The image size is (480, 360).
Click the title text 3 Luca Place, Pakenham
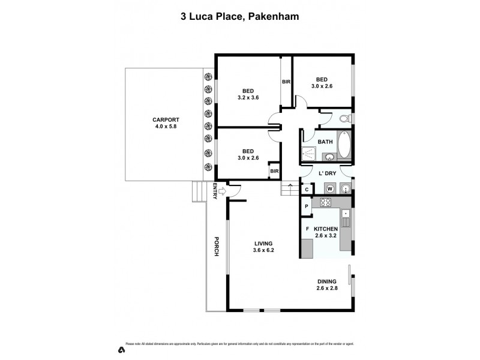pyautogui.click(x=240, y=17)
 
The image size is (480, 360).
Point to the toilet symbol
pyautogui.click(x=344, y=118)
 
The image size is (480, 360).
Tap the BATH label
pyautogui.click(x=325, y=142)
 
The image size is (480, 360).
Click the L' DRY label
pyautogui.click(x=326, y=173)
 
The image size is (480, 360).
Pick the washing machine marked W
pyautogui.click(x=329, y=188)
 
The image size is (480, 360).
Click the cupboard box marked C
pyautogui.click(x=307, y=190)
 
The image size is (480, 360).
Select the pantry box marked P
pyautogui.click(x=306, y=207)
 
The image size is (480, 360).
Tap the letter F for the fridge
pyautogui.click(x=307, y=229)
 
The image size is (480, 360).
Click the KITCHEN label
pyautogui.click(x=326, y=229)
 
